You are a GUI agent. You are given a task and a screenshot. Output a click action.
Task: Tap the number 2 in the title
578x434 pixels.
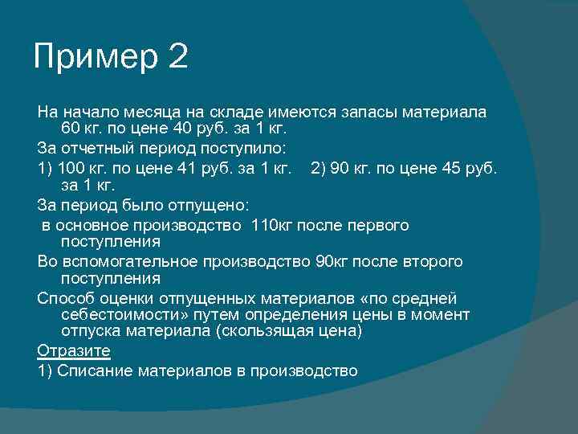(x=177, y=57)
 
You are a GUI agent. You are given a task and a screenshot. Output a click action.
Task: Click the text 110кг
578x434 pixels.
(x=273, y=226)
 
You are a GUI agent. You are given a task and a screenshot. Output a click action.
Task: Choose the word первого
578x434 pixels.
(x=377, y=226)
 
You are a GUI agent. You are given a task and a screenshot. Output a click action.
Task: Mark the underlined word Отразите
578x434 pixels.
(x=73, y=351)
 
